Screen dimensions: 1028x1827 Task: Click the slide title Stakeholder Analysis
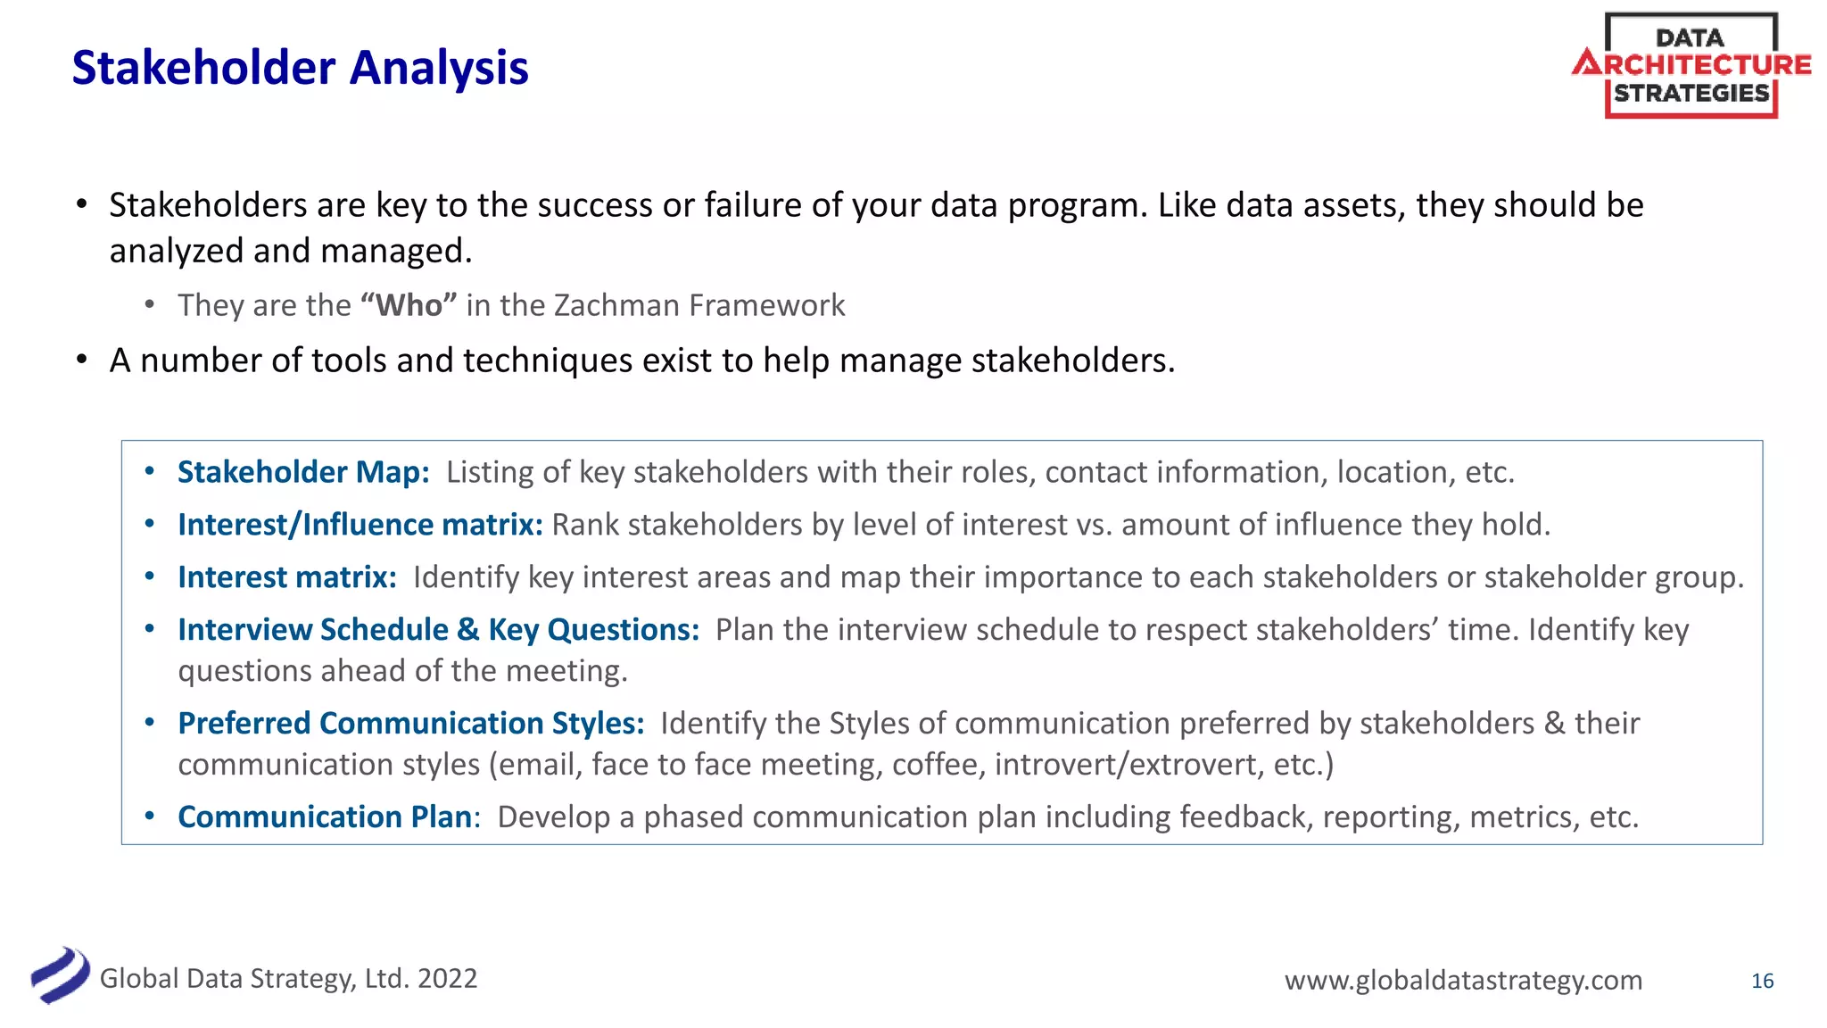click(x=300, y=68)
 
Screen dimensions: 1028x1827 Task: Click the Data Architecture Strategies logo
click(x=1691, y=65)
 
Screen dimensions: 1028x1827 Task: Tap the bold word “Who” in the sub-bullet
click(x=409, y=305)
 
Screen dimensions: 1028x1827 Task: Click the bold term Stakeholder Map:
click(x=303, y=472)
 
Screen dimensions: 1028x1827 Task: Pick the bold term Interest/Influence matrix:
click(x=360, y=525)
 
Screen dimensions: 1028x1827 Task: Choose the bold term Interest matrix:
click(x=286, y=577)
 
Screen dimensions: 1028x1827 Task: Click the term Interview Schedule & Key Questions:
click(x=438, y=630)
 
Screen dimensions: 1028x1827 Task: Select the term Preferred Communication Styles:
click(x=410, y=723)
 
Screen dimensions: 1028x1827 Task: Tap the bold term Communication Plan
click(x=325, y=817)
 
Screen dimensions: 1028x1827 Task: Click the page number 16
click(x=1762, y=981)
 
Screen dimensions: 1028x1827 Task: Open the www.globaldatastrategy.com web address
click(x=1463, y=980)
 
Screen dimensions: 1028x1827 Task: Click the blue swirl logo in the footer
click(x=60, y=975)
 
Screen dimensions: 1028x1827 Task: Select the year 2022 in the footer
click(x=447, y=979)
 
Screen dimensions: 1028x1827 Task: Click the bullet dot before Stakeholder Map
click(x=150, y=471)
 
